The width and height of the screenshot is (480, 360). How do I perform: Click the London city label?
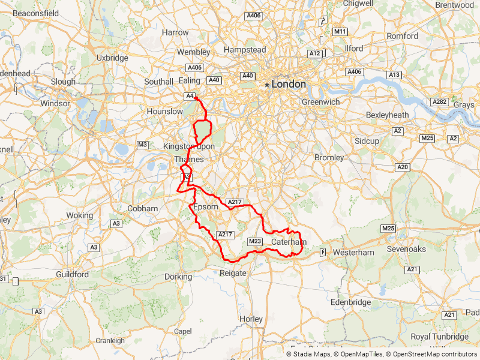pos(289,85)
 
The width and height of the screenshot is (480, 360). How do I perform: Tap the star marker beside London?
pos(266,85)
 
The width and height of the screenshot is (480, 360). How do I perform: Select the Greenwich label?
pos(320,102)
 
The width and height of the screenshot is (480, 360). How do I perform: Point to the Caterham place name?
pos(289,242)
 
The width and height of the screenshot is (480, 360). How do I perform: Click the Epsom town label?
pos(206,207)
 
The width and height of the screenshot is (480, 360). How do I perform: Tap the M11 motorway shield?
pos(340,31)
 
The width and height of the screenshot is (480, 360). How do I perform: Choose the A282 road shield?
pos(439,102)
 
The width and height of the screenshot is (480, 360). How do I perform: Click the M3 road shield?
pos(143,145)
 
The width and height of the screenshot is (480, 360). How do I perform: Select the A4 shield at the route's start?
pos(190,96)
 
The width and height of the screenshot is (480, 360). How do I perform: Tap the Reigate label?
pos(233,273)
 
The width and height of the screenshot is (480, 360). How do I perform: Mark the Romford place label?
pos(402,36)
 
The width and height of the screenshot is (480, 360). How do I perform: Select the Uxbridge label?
pos(112,58)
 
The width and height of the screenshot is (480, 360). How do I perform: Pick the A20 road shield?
pos(402,167)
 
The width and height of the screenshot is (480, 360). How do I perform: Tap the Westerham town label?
pos(353,253)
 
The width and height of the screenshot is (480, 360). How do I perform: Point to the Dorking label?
pos(178,277)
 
